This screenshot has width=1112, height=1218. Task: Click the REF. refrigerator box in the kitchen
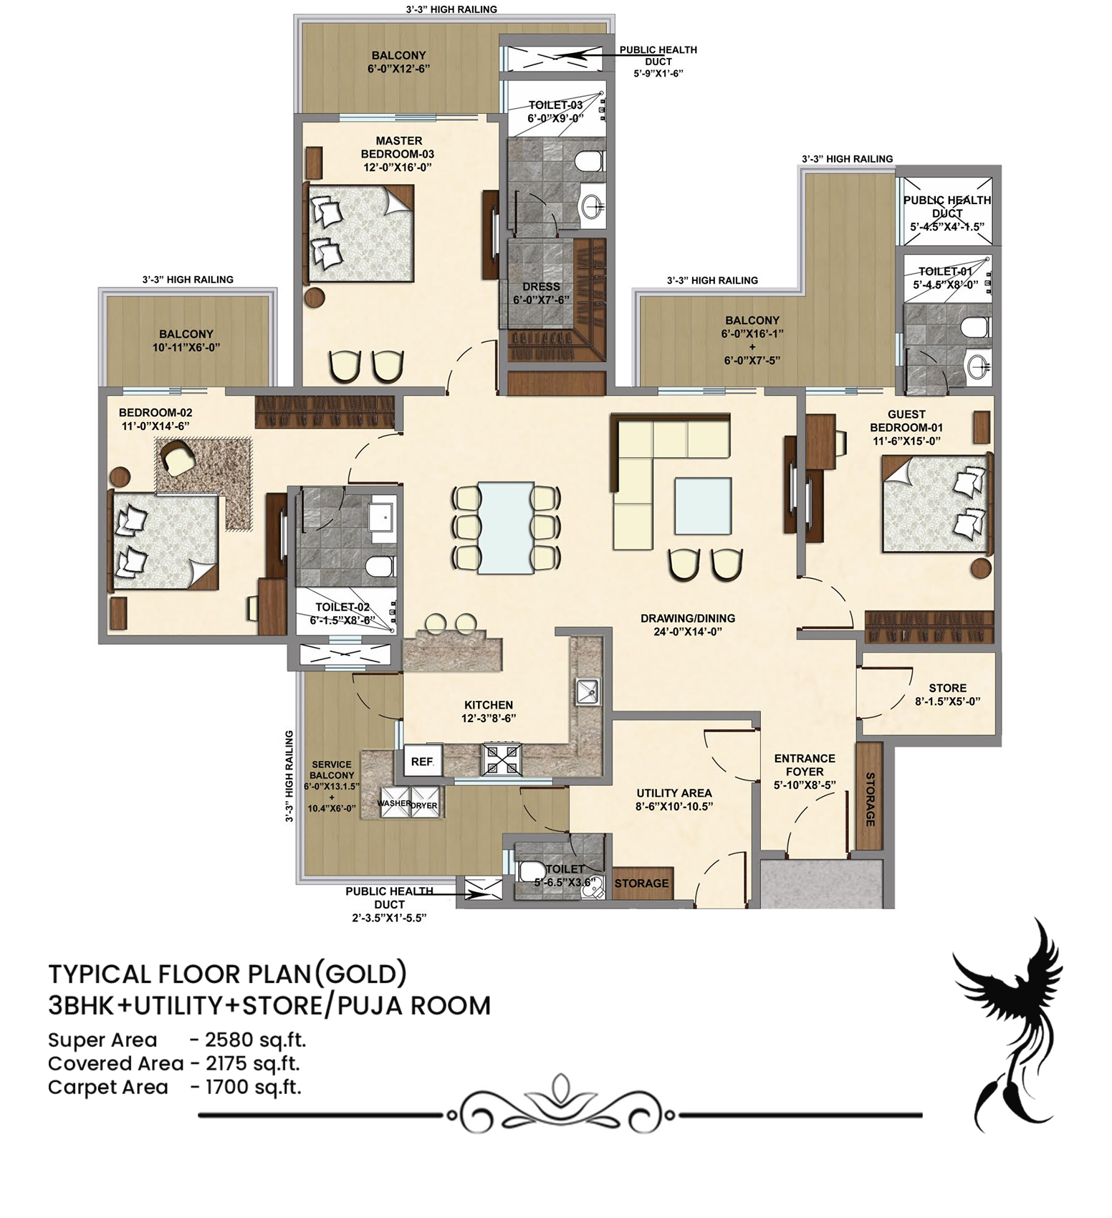(423, 761)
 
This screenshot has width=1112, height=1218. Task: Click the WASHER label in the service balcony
(394, 804)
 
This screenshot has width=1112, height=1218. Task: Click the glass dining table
(506, 527)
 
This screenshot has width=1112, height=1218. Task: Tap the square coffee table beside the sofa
(702, 506)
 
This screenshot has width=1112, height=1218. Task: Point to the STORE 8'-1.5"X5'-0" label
(947, 694)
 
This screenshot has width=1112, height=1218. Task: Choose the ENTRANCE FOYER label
(805, 764)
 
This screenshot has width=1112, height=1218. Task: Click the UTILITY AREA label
(674, 793)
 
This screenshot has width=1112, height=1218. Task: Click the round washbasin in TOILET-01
(978, 367)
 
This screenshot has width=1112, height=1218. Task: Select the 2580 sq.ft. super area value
(256, 1040)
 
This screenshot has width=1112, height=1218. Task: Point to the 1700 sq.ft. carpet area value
(253, 1088)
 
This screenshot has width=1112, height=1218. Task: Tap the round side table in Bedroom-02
(119, 477)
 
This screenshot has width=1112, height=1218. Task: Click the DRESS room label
(541, 287)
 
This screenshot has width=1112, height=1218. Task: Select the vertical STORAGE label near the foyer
(870, 799)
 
